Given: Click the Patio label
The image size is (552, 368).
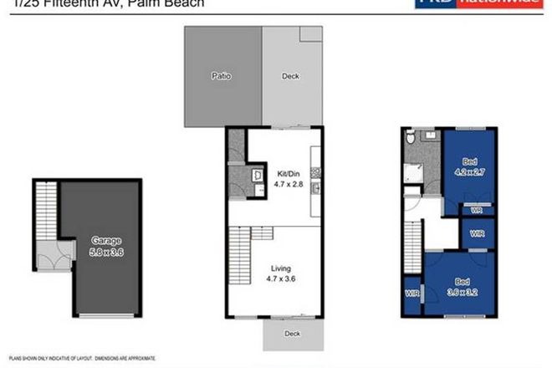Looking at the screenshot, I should point(221,76).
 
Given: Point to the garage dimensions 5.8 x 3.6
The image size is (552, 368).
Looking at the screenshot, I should point(106,252).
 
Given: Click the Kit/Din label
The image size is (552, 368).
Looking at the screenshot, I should point(287,174).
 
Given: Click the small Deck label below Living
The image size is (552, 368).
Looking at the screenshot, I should point(291,333).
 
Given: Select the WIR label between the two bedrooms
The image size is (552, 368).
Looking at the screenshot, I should point(477,233).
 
